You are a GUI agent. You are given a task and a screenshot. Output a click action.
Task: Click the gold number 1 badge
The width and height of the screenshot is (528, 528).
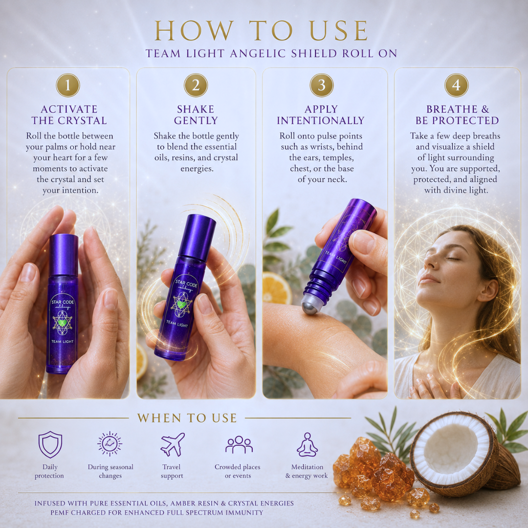click(68, 85)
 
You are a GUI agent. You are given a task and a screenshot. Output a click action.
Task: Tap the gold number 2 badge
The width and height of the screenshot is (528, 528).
click(196, 85)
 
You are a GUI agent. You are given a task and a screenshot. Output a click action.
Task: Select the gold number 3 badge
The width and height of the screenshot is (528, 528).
click(322, 85)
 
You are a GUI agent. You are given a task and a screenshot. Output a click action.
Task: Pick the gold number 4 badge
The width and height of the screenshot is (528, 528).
click(456, 85)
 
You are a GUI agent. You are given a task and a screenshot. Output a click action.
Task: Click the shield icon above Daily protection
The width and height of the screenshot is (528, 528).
click(50, 444)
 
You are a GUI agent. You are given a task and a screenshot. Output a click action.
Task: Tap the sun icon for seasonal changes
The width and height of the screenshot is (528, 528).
click(110, 444)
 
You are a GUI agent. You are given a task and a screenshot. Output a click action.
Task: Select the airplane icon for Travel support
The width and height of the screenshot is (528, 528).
click(173, 444)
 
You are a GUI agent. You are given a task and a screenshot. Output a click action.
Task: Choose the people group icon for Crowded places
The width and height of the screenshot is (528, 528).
click(239, 445)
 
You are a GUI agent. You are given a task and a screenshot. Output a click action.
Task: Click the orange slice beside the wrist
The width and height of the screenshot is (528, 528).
click(277, 288)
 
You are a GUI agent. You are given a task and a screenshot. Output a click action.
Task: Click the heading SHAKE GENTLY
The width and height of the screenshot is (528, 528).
click(196, 115)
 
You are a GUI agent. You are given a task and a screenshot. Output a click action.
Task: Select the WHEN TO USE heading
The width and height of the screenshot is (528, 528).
click(187, 418)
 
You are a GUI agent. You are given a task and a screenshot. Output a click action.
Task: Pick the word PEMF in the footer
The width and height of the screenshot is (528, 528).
click(60, 512)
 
